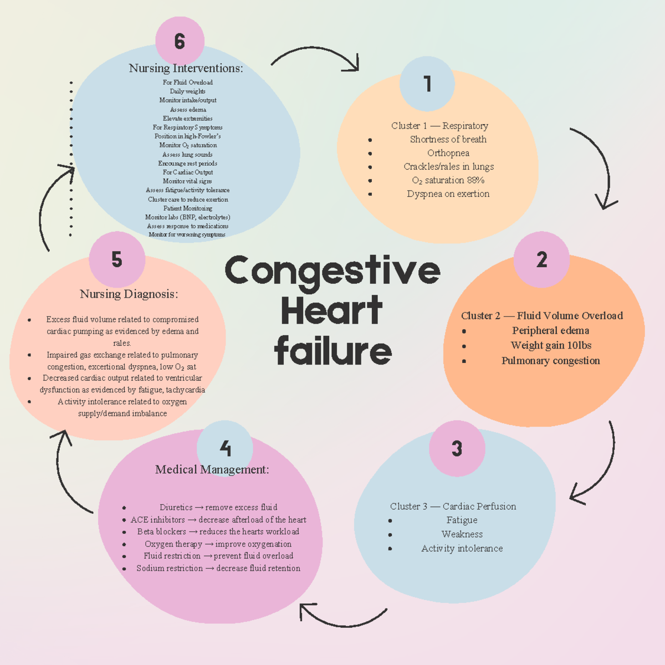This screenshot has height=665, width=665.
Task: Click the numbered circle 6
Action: tap(180, 41)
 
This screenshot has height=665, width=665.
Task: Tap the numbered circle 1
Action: tap(427, 84)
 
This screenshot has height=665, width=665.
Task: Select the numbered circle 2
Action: tap(541, 259)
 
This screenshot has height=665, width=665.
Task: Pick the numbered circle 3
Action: tap(457, 448)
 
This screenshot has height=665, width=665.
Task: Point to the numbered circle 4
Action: tap(225, 448)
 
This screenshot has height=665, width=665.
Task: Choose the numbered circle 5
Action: tap(117, 259)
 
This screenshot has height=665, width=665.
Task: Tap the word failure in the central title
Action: tap(332, 351)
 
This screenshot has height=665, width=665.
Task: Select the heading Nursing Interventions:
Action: tap(186, 68)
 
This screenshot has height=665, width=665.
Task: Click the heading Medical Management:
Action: tap(212, 469)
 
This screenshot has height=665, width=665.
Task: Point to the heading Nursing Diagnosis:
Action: tap(129, 294)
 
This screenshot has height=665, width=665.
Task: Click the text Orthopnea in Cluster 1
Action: tap(448, 153)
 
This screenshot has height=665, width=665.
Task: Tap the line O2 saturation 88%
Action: tap(448, 180)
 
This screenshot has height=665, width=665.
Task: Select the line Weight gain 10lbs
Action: tap(551, 345)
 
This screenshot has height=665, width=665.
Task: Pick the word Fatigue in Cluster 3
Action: tap(462, 520)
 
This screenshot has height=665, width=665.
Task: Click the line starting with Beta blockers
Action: tap(218, 531)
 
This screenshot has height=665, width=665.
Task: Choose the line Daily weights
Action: tap(187, 91)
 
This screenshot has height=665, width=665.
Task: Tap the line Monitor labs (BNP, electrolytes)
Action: tap(187, 217)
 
